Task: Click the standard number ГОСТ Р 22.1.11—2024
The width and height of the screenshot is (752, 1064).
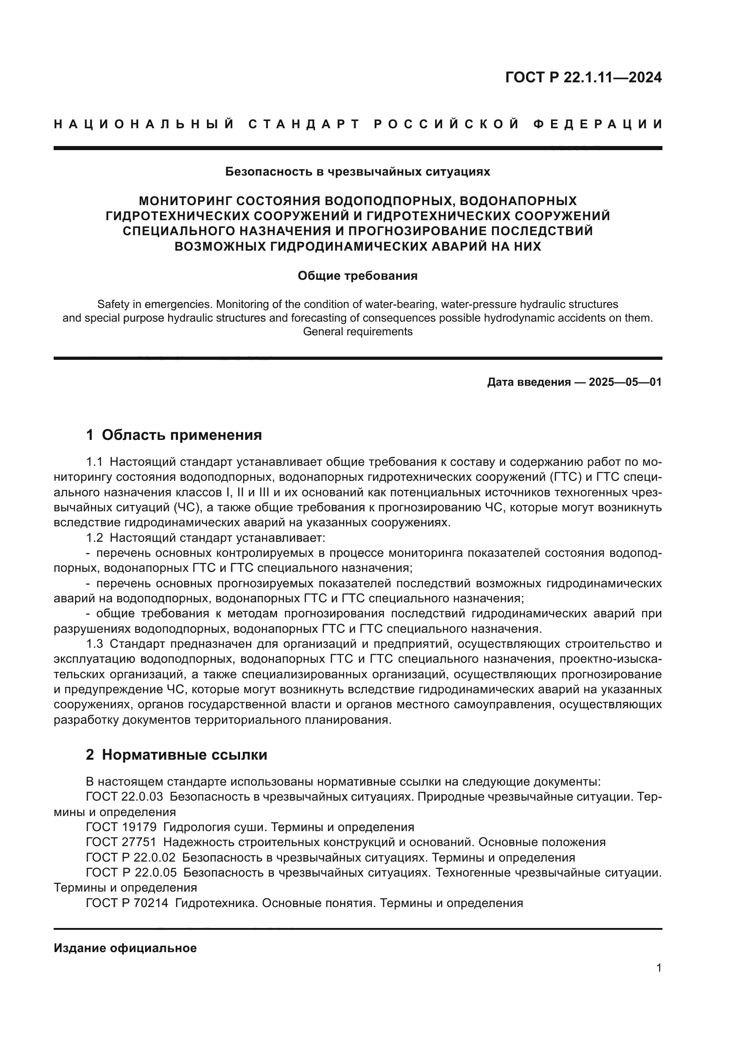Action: pyautogui.click(x=583, y=77)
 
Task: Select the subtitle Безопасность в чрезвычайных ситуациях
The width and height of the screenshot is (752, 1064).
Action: pyautogui.click(x=357, y=172)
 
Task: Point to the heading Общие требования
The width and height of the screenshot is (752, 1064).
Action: pyautogui.click(x=357, y=276)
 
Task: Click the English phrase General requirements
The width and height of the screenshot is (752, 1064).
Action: pyautogui.click(x=357, y=332)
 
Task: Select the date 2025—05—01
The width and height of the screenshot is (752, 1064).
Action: pyautogui.click(x=625, y=382)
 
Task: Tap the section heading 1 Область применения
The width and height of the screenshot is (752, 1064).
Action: pyautogui.click(x=174, y=435)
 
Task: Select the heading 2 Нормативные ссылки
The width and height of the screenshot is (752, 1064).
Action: pyautogui.click(x=176, y=755)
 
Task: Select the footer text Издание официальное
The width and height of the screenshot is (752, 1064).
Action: pyautogui.click(x=125, y=948)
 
